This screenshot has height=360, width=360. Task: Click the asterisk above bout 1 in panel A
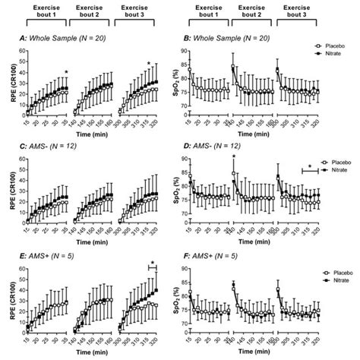67,73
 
